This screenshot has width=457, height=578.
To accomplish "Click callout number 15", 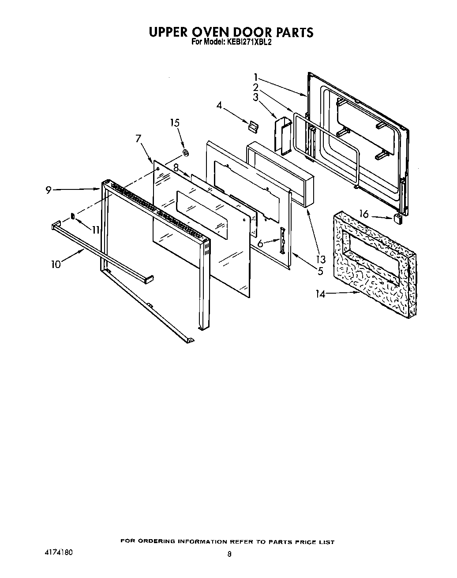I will pyautogui.click(x=175, y=122).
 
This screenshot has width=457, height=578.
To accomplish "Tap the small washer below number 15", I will pyautogui.click(x=185, y=153).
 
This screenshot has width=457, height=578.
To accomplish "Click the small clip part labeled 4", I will pyautogui.click(x=252, y=127).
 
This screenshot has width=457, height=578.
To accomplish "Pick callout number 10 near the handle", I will pyautogui.click(x=56, y=264).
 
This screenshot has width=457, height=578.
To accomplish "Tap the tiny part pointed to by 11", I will pyautogui.click(x=73, y=216).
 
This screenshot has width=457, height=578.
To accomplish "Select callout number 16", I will pyautogui.click(x=364, y=215).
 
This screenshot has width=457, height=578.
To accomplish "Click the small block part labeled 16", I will pyautogui.click(x=397, y=219).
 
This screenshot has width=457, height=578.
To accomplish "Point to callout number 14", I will pyautogui.click(x=321, y=294).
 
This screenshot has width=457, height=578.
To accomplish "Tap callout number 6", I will pyautogui.click(x=260, y=243).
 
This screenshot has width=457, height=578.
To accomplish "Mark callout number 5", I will pyautogui.click(x=320, y=271).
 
